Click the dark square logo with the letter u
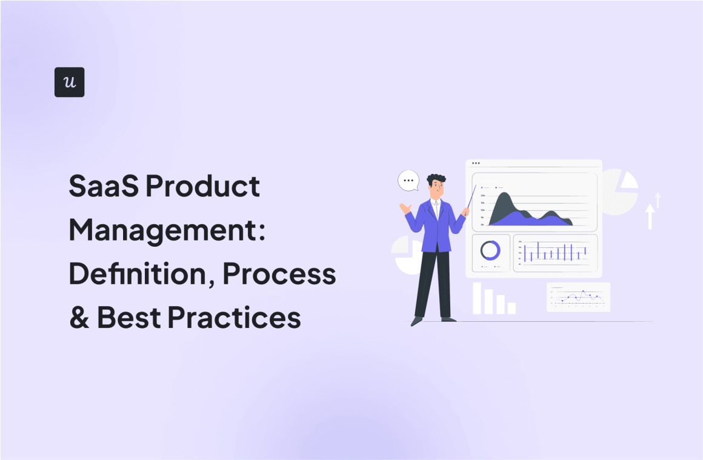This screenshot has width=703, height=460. point(69,82)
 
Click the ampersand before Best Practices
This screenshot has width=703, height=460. point(79,317)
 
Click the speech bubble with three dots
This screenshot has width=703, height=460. point(408,181)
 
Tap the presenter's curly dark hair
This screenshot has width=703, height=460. point(436,180)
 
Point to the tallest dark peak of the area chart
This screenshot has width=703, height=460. point(502,198)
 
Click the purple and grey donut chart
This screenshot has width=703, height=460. point(490,250)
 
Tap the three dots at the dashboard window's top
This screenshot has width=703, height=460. point(475,163)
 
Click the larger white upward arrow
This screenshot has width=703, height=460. point(650,216)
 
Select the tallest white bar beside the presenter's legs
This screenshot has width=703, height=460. point(477,298)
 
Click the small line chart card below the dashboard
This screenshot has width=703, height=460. point(578,297)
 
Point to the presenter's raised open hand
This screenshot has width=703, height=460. point(404,208)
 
